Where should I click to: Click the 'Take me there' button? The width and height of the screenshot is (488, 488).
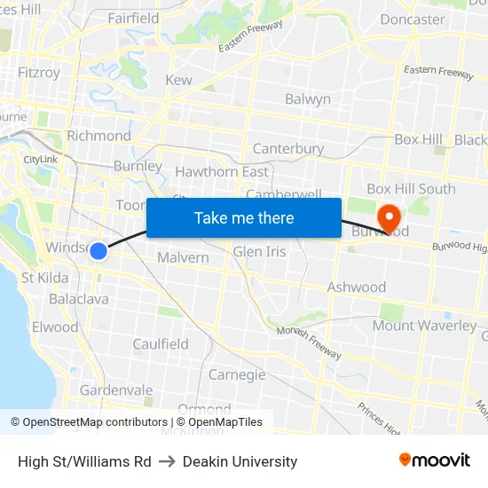244,218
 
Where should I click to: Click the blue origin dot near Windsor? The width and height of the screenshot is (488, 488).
98,251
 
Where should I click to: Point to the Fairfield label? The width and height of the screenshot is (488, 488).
133,18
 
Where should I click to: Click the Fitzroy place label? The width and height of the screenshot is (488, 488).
39,73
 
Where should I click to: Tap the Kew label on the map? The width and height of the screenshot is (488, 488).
178,81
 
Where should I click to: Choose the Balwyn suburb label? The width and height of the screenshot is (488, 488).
307,99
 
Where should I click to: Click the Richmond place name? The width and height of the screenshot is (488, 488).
98,136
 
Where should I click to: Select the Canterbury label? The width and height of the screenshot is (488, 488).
288,148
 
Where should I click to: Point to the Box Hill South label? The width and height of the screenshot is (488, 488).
411,188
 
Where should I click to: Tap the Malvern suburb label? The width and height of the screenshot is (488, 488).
183,257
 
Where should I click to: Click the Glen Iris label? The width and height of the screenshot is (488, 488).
259,252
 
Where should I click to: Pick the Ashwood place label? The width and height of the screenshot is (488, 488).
357,287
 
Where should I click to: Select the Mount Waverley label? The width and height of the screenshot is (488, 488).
424,326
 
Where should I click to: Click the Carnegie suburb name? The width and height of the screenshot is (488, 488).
237,374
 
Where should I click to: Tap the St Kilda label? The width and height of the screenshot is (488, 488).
45,278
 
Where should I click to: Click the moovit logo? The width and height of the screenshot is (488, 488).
435,460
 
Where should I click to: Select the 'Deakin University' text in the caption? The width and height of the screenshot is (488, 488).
240,461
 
